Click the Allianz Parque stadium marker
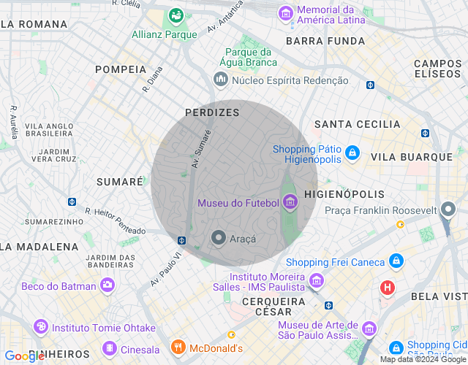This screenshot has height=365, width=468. click(x=175, y=15)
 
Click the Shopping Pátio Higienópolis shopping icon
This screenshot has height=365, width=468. click(x=352, y=153)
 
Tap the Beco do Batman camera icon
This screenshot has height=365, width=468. click(x=108, y=285)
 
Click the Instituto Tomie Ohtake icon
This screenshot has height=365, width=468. click(x=41, y=326)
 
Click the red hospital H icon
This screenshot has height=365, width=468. click(x=387, y=288)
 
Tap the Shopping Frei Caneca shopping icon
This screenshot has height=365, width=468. click(x=396, y=261)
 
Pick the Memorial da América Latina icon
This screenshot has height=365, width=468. click(x=286, y=13)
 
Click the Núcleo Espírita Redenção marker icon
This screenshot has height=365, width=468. click(x=219, y=79)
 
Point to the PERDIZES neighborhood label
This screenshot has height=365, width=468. click(x=212, y=112)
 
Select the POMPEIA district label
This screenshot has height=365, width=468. click(x=121, y=69)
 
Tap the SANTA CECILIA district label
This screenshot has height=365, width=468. click(x=357, y=125)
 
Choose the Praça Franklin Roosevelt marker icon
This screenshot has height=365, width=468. click(x=448, y=210)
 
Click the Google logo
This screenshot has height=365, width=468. click(x=23, y=356)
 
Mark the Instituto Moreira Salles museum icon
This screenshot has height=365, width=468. click(x=317, y=280)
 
